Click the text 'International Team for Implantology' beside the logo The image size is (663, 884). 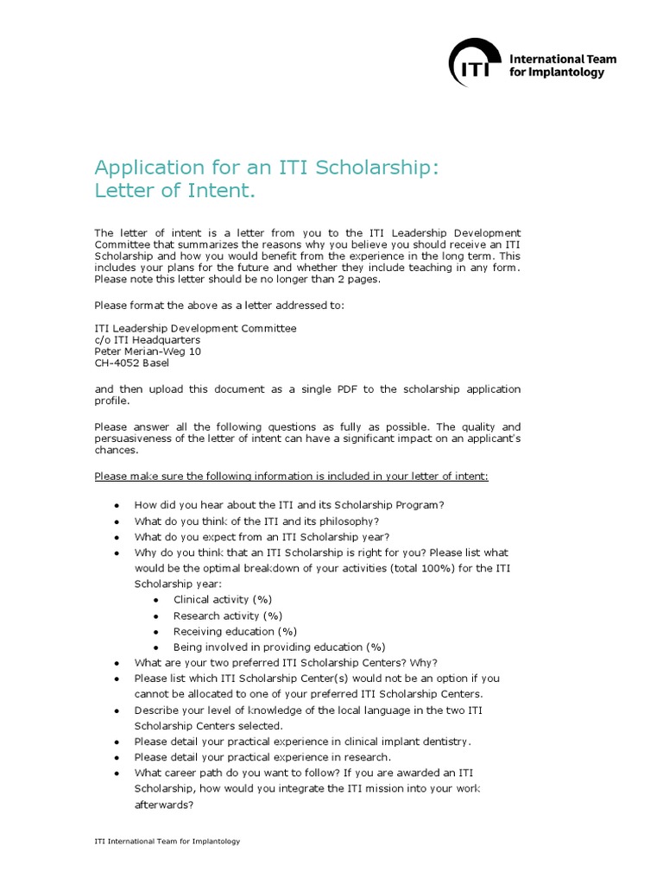click(575, 66)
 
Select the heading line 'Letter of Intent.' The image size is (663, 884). click(175, 189)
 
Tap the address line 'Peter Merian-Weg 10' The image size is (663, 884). click(148, 351)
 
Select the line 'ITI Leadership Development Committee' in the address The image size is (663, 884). click(195, 328)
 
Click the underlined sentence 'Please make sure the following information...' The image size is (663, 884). click(291, 476)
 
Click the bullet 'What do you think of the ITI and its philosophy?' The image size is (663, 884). click(256, 521)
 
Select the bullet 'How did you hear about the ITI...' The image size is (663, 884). click(289, 505)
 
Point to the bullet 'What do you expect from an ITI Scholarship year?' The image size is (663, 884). click(262, 537)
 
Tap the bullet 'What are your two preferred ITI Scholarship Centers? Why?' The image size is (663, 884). click(286, 662)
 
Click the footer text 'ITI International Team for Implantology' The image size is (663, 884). click(167, 841)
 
